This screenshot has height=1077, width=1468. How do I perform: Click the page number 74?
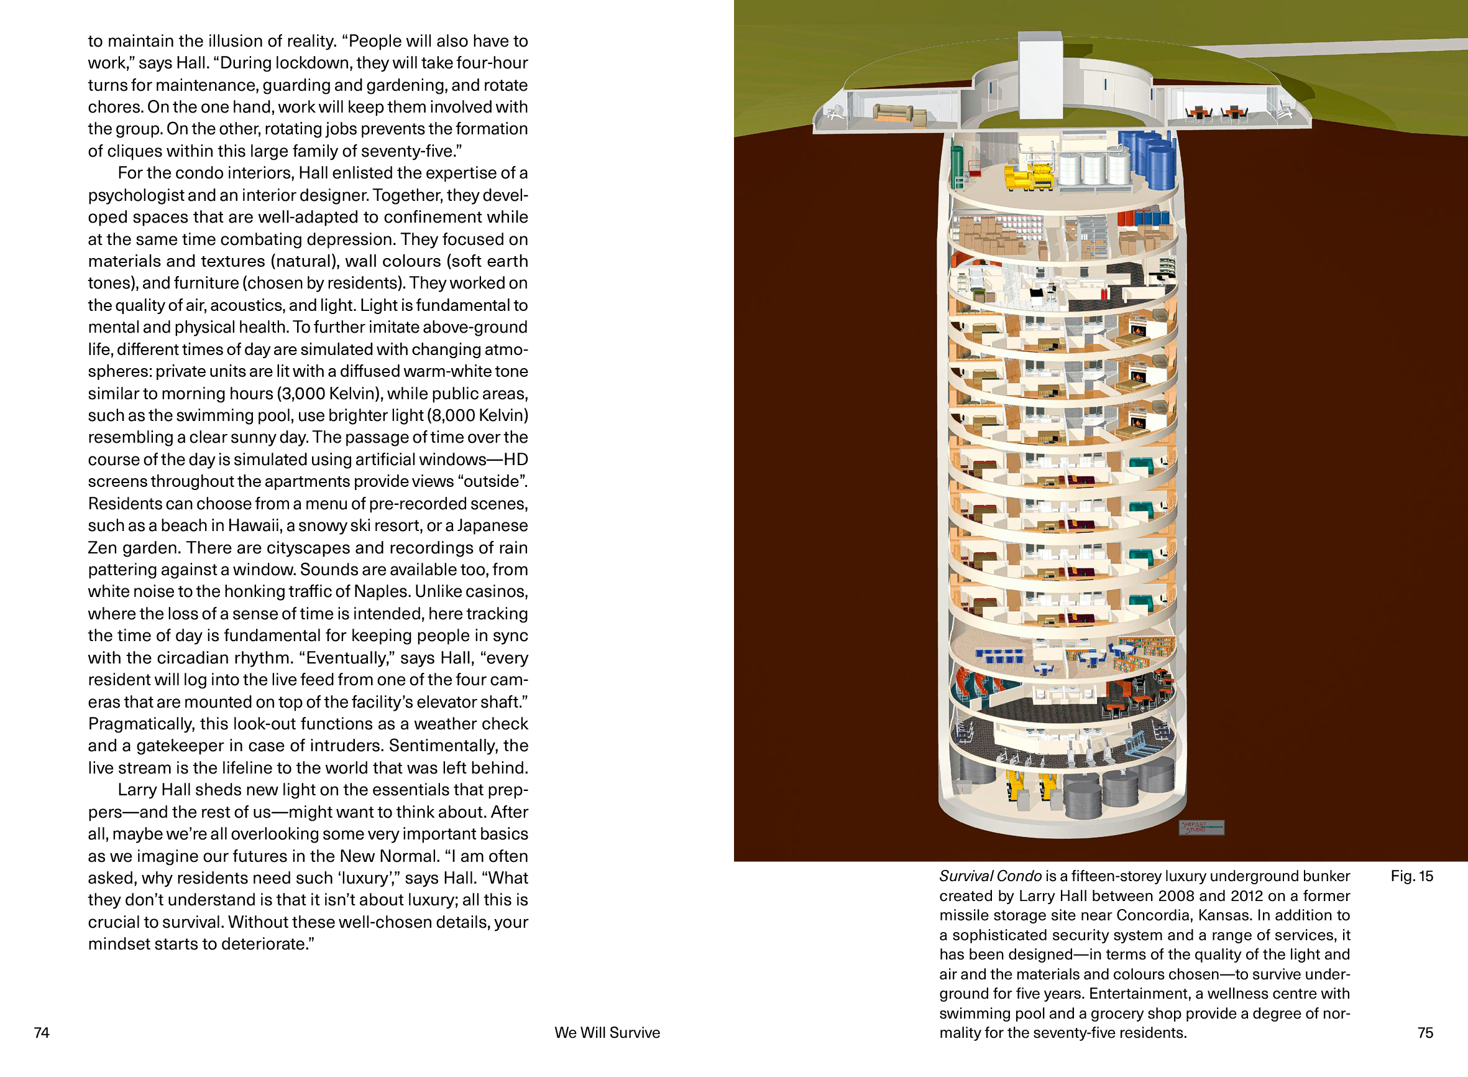tap(42, 1033)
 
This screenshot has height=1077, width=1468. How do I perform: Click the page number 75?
tap(1425, 1033)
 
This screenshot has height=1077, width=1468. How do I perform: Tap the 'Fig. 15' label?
tap(1411, 876)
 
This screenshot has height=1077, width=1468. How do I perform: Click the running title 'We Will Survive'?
tap(607, 1033)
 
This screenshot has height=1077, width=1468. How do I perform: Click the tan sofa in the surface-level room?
tap(892, 113)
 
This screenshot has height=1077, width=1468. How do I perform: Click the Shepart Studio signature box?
tap(1201, 827)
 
